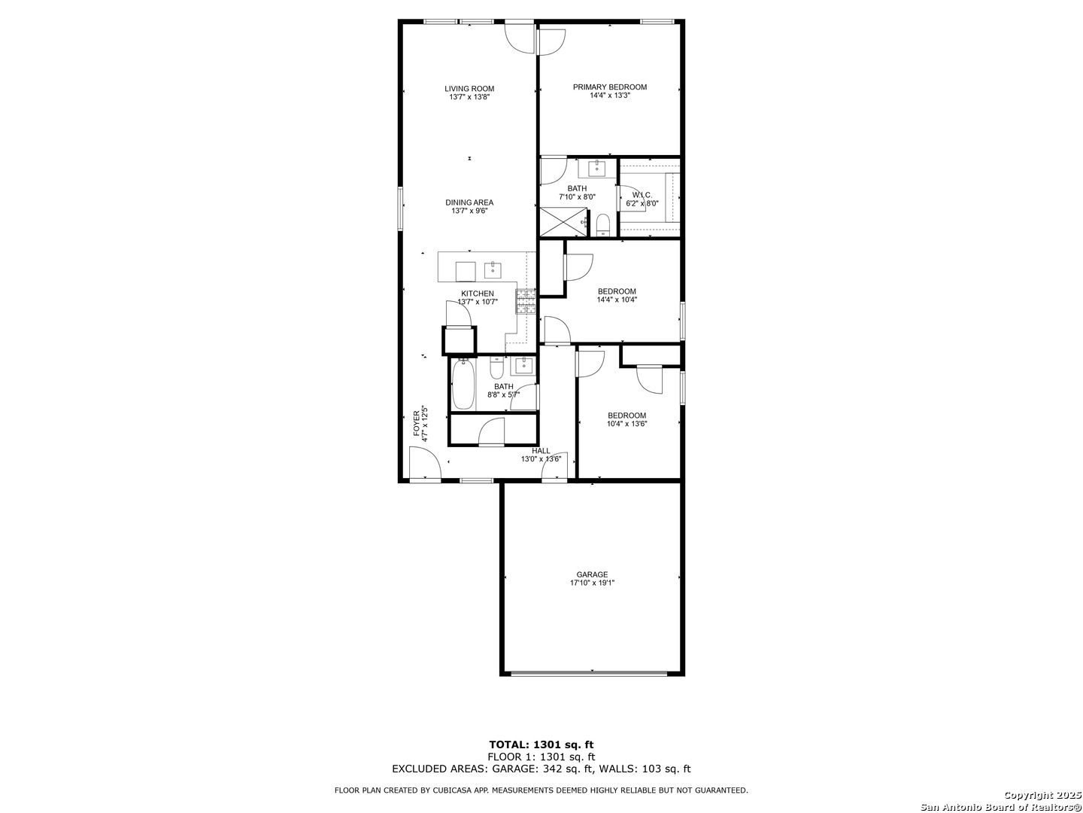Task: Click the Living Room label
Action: click(x=469, y=89)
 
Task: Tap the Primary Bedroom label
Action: click(x=610, y=87)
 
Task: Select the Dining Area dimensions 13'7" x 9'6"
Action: click(x=469, y=211)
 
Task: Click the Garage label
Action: click(x=592, y=574)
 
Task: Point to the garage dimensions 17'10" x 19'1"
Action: click(x=592, y=583)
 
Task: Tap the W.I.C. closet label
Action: click(x=642, y=196)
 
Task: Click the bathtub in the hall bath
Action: click(x=463, y=385)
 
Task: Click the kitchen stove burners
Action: click(x=526, y=302)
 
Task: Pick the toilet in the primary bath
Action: click(x=603, y=226)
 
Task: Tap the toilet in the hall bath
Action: click(x=496, y=368)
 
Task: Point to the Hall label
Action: click(x=541, y=451)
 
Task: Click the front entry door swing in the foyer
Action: click(x=425, y=462)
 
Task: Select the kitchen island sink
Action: click(x=493, y=270)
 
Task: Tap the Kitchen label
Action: click(x=477, y=294)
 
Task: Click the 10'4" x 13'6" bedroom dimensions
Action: click(x=626, y=424)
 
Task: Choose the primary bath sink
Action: click(x=597, y=168)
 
